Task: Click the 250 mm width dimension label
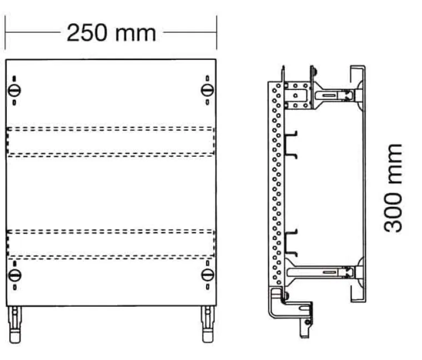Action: pos(111,33)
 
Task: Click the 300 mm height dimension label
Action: pos(393,188)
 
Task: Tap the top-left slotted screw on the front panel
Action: pos(14,90)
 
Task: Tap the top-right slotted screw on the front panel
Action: pos(207,90)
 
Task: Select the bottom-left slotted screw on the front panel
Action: pos(14,276)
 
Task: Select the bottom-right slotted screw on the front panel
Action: pos(208,275)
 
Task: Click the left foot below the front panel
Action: pos(15,324)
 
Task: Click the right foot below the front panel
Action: pos(208,324)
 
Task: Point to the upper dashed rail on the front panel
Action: pos(110,142)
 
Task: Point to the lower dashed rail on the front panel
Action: pos(110,244)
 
